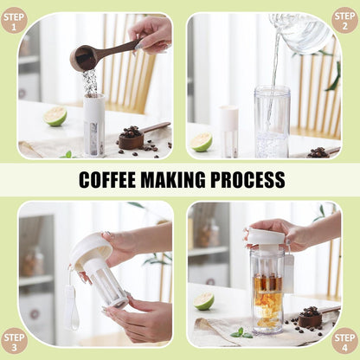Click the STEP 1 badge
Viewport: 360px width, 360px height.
pyautogui.click(x=14, y=20)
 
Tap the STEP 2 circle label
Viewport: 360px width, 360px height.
pyautogui.click(x=344, y=20)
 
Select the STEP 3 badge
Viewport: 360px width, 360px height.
pyautogui.click(x=14, y=341)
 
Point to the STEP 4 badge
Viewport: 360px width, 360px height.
pyautogui.click(x=344, y=341)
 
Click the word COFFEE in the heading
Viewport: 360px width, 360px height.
pyautogui.click(x=107, y=180)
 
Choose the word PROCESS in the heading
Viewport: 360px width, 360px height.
pyautogui.click(x=247, y=180)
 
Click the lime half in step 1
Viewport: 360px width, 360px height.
pyautogui.click(x=55, y=116)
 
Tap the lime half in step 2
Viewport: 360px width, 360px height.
pyautogui.click(x=202, y=142)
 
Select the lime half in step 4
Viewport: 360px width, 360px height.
pyautogui.click(x=203, y=301)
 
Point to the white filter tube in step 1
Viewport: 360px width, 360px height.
pyautogui.click(x=94, y=125)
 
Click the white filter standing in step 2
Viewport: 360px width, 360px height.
pyautogui.click(x=228, y=132)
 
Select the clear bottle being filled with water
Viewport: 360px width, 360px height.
pyautogui.click(x=272, y=122)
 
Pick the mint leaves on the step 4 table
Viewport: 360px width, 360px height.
pyautogui.click(x=241, y=333)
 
